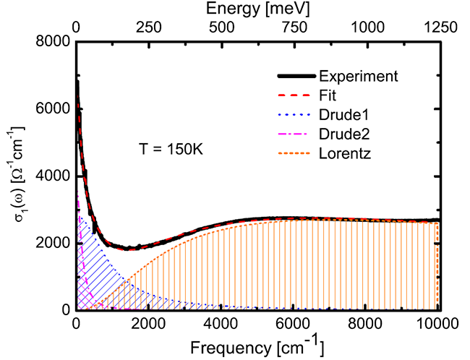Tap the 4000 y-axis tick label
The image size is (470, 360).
tap(55, 176)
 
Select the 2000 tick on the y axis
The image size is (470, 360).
tap(55, 244)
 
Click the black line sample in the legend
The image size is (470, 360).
tap(295, 76)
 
